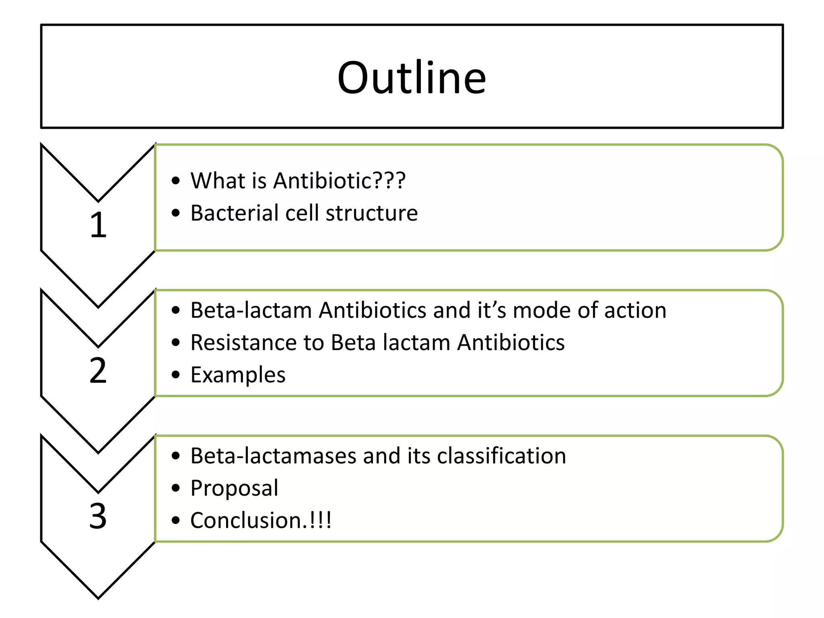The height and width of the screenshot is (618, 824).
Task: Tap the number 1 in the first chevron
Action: click(98, 225)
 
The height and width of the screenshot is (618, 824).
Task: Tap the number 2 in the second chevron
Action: click(98, 371)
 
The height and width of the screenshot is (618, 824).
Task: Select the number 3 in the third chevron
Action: click(98, 516)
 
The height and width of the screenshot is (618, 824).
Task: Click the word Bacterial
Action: click(234, 213)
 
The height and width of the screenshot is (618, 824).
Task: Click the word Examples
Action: click(238, 375)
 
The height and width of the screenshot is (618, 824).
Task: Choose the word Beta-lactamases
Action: click(273, 456)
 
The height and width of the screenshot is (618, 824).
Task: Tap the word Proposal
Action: click(234, 488)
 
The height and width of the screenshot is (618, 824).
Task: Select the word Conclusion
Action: click(245, 520)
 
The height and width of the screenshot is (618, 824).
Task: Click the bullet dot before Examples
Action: click(175, 375)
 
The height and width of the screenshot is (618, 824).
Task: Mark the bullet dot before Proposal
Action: click(175, 488)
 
